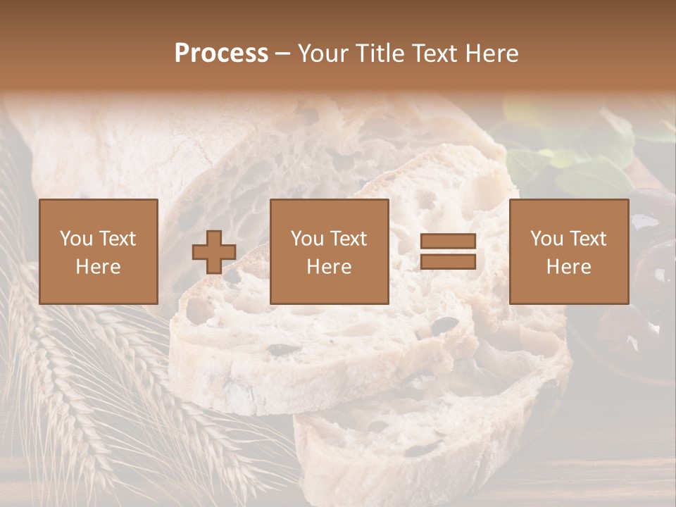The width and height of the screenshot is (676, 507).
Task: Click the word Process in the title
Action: click(221, 54)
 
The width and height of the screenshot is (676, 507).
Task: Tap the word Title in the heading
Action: click(378, 54)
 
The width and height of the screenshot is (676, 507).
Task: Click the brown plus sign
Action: click(214, 252)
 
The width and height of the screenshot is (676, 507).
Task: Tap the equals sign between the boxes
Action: click(448, 252)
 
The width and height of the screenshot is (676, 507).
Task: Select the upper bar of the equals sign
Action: click(448, 242)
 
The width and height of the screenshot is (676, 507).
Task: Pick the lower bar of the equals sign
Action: click(448, 262)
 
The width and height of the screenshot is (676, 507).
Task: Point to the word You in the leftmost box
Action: click(75, 239)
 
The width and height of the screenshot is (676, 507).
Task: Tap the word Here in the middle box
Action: click(330, 267)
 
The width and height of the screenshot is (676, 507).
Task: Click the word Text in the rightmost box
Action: click(587, 239)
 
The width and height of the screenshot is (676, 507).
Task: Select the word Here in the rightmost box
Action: click(569, 267)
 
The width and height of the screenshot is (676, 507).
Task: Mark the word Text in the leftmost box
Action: click(117, 239)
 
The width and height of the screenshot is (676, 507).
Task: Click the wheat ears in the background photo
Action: click(56, 373)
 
